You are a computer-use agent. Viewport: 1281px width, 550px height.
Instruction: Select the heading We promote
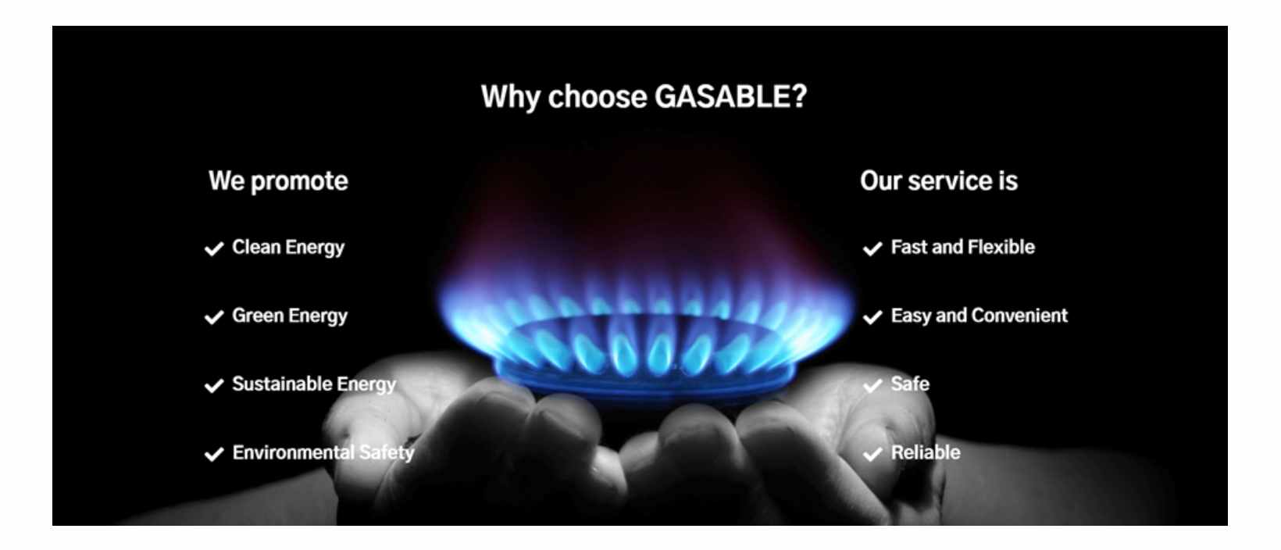pyautogui.click(x=278, y=181)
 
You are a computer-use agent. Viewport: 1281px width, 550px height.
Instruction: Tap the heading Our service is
pyautogui.click(x=938, y=181)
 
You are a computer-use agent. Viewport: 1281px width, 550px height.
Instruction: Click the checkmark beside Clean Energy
pyautogui.click(x=214, y=248)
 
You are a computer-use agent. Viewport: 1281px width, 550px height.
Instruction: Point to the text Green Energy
pyautogui.click(x=290, y=316)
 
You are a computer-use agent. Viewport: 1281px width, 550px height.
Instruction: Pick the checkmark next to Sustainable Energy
pyautogui.click(x=214, y=385)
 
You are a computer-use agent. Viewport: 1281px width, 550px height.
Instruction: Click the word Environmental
pyautogui.click(x=293, y=452)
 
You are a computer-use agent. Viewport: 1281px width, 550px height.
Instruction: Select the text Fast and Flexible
pyautogui.click(x=962, y=247)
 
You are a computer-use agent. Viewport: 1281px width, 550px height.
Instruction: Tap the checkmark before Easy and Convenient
pyautogui.click(x=872, y=317)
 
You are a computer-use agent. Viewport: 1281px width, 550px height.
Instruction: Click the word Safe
pyautogui.click(x=910, y=384)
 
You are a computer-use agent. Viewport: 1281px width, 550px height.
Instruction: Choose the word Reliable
pyautogui.click(x=926, y=452)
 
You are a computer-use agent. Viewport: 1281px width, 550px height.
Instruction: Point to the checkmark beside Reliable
pyautogui.click(x=872, y=454)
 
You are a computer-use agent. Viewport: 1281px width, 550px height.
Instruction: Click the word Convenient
pyautogui.click(x=1019, y=316)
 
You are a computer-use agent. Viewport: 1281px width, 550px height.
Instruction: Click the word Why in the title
pyautogui.click(x=510, y=97)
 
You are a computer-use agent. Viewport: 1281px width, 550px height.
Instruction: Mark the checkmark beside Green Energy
pyautogui.click(x=214, y=317)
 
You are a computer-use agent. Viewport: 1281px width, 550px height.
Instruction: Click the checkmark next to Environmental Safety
pyautogui.click(x=214, y=454)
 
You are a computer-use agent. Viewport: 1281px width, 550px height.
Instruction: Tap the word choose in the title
pyautogui.click(x=598, y=97)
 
